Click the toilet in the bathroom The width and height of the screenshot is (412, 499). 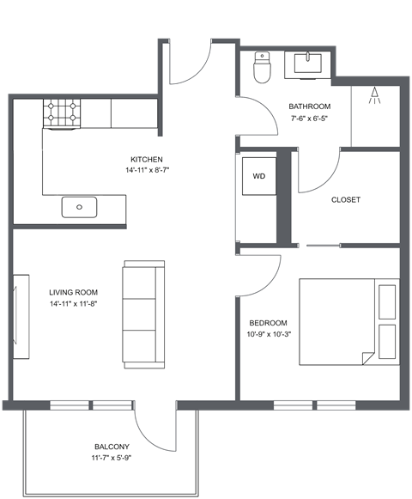pyautogui.click(x=263, y=67)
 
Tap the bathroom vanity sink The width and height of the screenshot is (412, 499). pyautogui.click(x=306, y=64)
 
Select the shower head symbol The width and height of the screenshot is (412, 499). pyautogui.click(x=373, y=96)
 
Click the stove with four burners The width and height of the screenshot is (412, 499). pyautogui.click(x=63, y=113)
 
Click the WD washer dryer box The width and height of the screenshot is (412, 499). pyautogui.click(x=258, y=176)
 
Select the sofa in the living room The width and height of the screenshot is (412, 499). pyautogui.click(x=142, y=313)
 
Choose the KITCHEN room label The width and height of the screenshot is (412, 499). pyautogui.click(x=146, y=160)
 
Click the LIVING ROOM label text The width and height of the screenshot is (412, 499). pyautogui.click(x=73, y=292)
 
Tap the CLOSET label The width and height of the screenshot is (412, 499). pyautogui.click(x=346, y=200)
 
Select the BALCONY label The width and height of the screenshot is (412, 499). pyautogui.click(x=112, y=447)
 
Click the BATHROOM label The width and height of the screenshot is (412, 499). pyautogui.click(x=308, y=106)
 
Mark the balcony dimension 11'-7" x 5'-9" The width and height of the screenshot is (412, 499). pyautogui.click(x=112, y=459)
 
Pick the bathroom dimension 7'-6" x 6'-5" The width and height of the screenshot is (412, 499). pyautogui.click(x=308, y=119)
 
